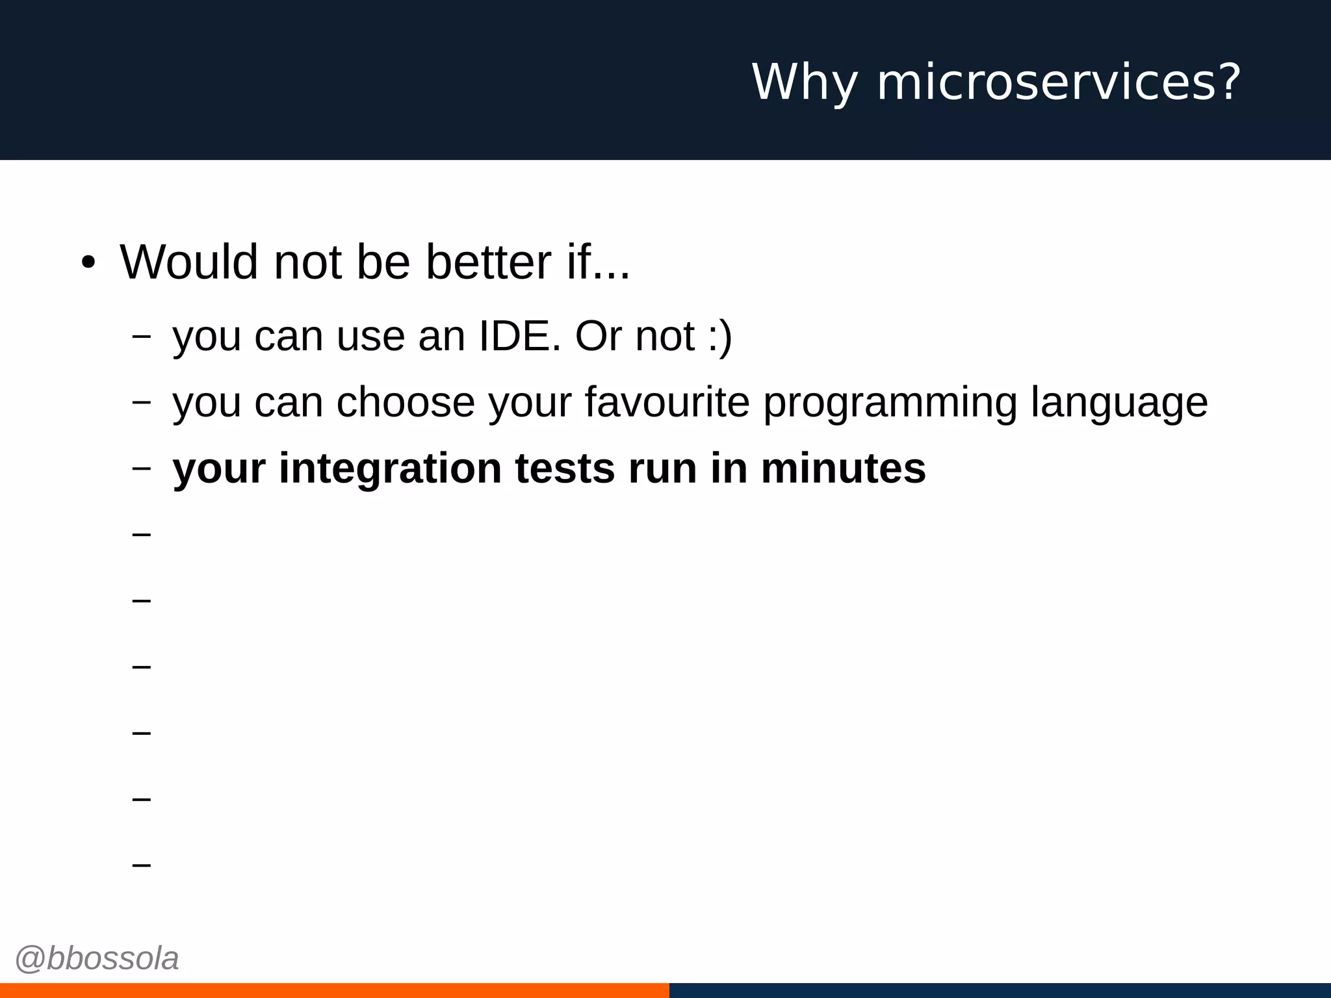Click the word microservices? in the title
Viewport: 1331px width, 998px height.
click(x=1059, y=83)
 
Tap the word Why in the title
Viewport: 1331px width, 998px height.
click(x=805, y=83)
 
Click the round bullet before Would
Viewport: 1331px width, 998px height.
click(x=88, y=263)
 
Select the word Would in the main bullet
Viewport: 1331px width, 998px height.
click(x=189, y=262)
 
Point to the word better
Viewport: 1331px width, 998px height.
click(x=488, y=262)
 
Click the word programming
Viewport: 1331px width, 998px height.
click(x=890, y=403)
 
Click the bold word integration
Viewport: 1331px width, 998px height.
click(x=390, y=468)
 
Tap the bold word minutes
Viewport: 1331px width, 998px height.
click(x=843, y=468)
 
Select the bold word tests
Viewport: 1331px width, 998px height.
click(x=565, y=468)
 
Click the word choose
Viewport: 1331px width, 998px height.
click(x=406, y=402)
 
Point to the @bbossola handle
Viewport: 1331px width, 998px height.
click(x=97, y=958)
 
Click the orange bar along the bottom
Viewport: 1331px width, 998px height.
click(x=334, y=990)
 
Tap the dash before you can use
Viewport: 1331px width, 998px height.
click(x=141, y=337)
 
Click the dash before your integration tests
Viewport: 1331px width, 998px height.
click(x=141, y=468)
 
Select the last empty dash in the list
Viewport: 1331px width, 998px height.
click(x=141, y=865)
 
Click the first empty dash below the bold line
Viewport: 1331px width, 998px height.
click(x=141, y=534)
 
